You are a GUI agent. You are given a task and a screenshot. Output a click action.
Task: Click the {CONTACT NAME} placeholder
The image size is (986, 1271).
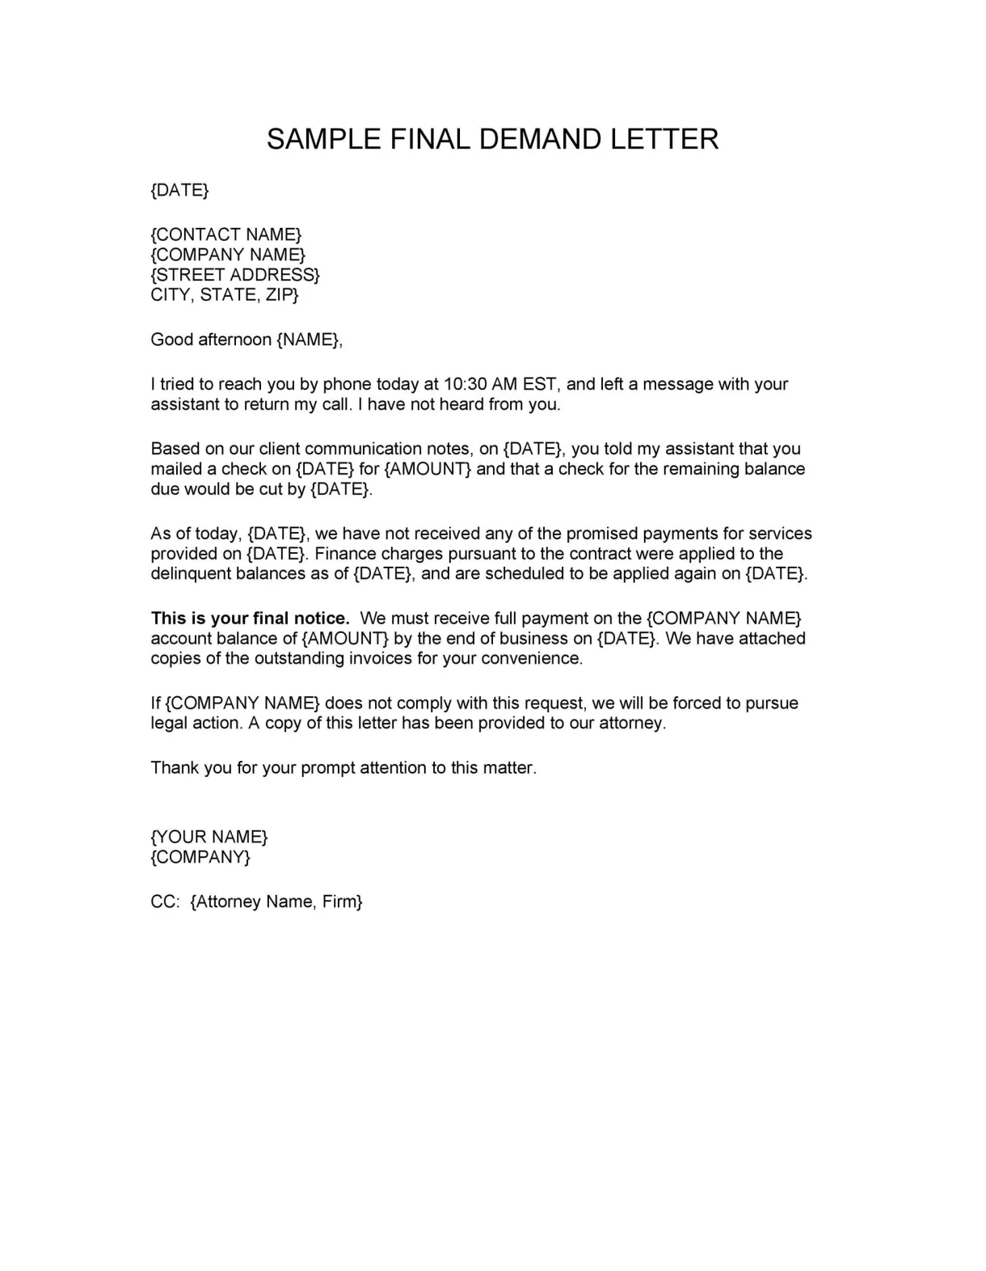226,234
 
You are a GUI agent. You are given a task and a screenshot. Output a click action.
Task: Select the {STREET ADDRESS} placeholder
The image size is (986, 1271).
235,275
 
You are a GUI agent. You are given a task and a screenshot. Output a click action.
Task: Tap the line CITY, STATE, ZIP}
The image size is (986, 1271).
225,295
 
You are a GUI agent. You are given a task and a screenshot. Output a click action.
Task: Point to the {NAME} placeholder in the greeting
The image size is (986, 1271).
309,340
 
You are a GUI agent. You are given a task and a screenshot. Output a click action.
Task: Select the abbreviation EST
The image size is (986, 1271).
539,384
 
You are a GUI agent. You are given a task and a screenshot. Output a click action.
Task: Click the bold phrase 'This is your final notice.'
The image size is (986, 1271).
251,619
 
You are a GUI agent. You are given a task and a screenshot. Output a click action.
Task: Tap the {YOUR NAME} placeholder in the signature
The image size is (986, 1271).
209,837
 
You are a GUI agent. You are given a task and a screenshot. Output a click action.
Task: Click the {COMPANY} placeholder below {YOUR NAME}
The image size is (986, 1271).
200,857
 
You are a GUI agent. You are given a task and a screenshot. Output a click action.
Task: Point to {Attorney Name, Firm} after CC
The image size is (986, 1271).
276,902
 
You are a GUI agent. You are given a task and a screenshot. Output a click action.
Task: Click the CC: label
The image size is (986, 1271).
165,902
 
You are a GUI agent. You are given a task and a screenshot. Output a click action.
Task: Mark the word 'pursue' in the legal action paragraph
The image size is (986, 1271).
772,703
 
